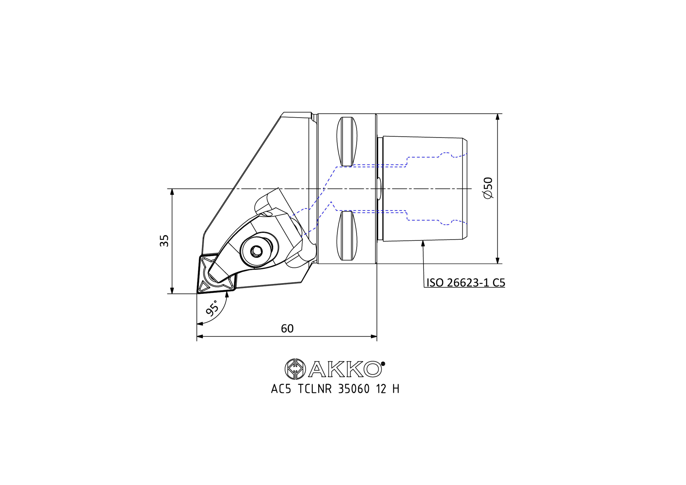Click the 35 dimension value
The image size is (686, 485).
[x=164, y=241]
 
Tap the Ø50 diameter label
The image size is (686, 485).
[x=488, y=188]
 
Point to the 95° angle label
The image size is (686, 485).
[x=212, y=308]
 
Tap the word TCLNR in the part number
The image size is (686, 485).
[x=315, y=389]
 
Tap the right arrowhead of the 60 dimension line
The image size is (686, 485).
[x=374, y=337]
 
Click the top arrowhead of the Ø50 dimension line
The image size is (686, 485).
[x=497, y=117]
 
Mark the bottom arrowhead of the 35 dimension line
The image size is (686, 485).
[x=172, y=290]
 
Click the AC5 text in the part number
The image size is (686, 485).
[x=281, y=389]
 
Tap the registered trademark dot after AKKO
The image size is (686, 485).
[x=383, y=364]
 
